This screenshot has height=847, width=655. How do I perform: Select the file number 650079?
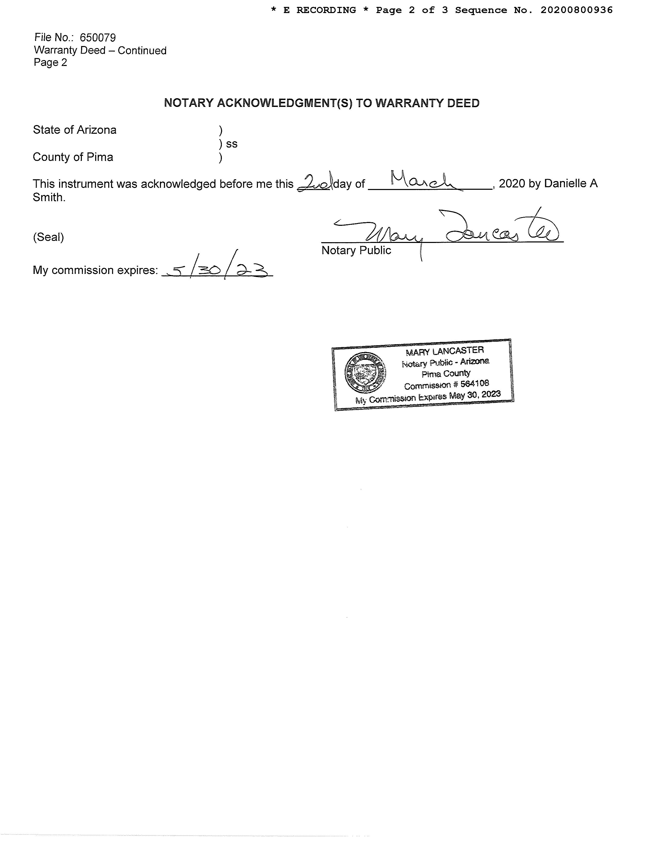(x=98, y=38)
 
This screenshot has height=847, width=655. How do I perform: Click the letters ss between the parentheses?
(x=232, y=144)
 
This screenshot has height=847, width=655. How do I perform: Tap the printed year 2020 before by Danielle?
(x=512, y=183)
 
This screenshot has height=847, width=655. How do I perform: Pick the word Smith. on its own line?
(x=49, y=197)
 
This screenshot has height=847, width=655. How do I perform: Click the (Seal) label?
(x=49, y=237)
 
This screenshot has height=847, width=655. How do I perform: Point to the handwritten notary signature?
(x=446, y=231)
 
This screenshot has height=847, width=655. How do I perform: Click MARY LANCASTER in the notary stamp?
(x=445, y=351)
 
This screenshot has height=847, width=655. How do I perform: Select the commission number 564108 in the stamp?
(x=475, y=384)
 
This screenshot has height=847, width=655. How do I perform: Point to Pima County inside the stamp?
(x=446, y=373)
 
